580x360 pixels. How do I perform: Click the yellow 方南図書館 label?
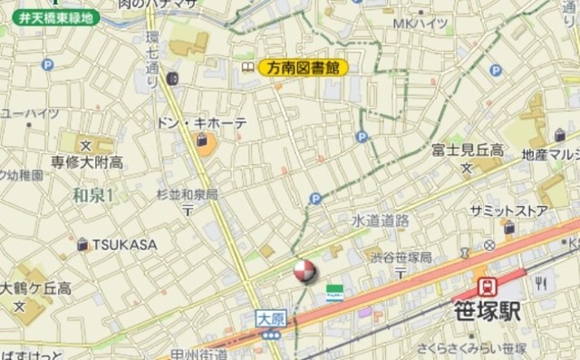coord(304,67)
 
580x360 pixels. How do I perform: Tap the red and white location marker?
coord(304,270)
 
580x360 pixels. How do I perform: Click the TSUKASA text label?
coord(123,245)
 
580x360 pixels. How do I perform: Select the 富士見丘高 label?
coord(468,150)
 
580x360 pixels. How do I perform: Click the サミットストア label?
coord(508,210)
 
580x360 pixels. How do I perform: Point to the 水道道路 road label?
coord(381,220)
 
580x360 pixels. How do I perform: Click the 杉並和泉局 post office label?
coord(187,194)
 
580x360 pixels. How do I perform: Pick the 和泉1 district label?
coord(93,196)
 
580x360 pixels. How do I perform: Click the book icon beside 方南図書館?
coord(246,67)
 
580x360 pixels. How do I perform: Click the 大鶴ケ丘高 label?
coord(36,288)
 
